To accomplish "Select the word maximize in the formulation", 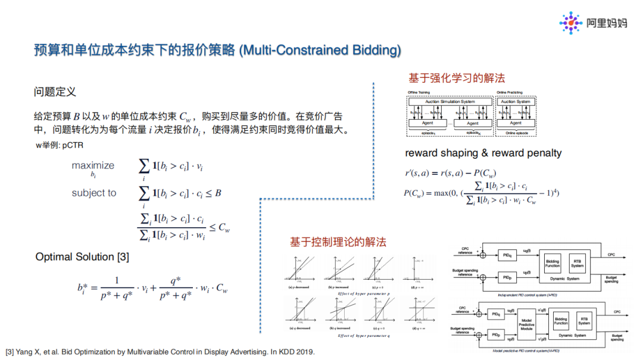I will (93, 165).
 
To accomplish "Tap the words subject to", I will (94, 193).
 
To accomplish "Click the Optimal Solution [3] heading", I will (82, 256).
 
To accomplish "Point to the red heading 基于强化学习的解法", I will (457, 78).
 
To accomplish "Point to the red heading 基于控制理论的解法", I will (338, 242).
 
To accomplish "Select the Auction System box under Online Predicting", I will (516, 102).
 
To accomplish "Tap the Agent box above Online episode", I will (516, 123).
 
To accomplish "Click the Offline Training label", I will (419, 92).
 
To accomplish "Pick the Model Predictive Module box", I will (526, 321).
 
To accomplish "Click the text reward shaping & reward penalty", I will (483, 153).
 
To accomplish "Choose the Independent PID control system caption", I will (537, 294).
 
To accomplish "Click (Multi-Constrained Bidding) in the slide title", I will (320, 50).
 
